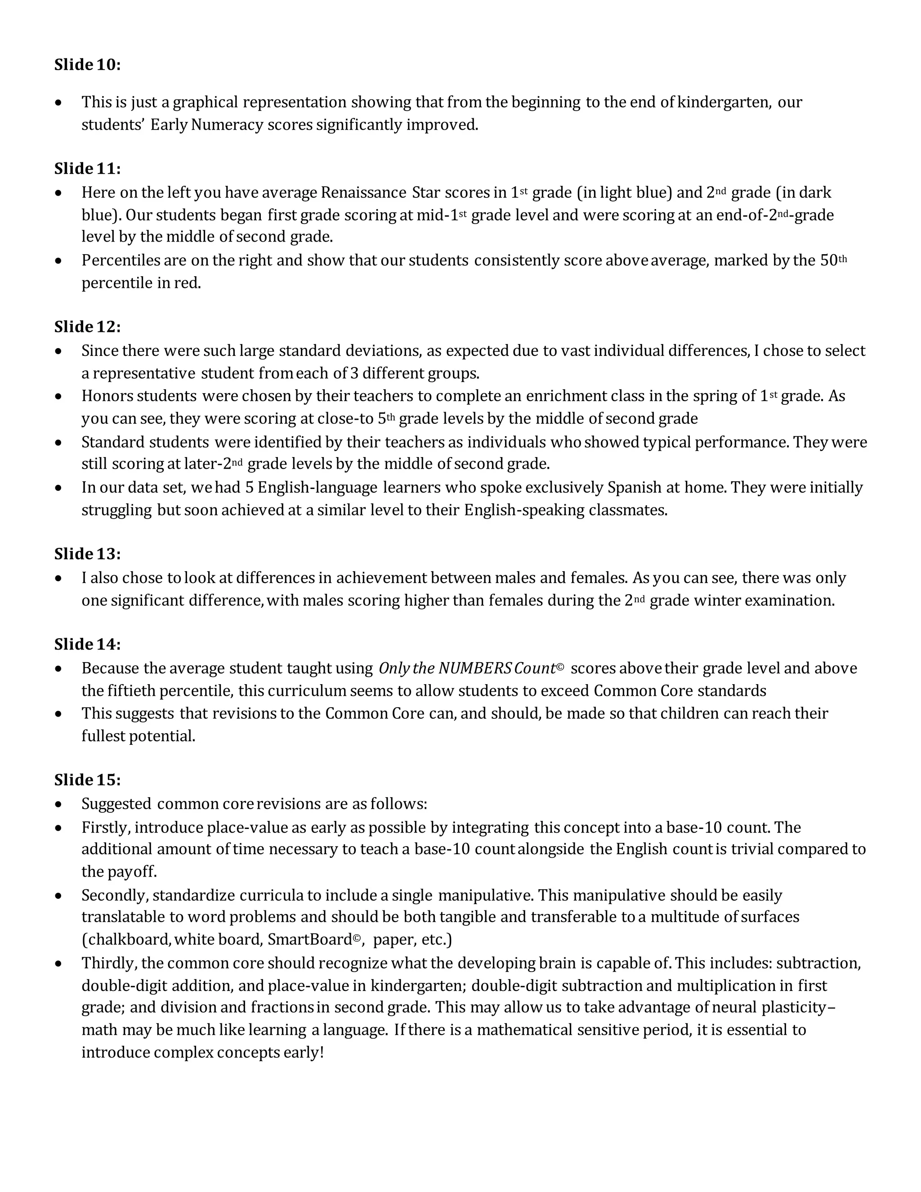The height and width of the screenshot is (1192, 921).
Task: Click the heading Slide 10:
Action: point(87,65)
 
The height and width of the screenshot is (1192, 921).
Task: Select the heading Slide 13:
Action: point(87,554)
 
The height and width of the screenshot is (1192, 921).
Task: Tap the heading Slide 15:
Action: point(87,780)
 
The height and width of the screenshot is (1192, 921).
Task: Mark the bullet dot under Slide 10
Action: point(58,103)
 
